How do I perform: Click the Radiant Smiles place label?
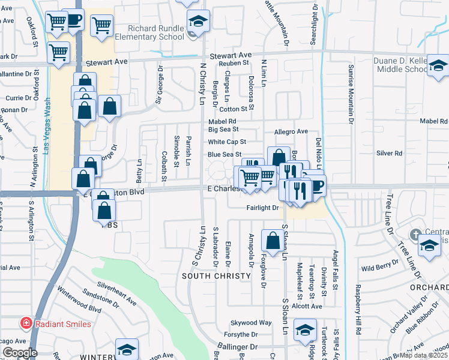tap(62, 324)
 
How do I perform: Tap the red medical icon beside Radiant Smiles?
tap(26, 324)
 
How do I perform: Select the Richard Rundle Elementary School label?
tap(156, 32)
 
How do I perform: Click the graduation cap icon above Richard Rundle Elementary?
tap(198, 21)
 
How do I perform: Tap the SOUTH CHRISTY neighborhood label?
tap(217, 276)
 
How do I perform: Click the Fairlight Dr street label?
tap(263, 208)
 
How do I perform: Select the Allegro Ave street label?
tap(291, 131)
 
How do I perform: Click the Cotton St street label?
tap(233, 109)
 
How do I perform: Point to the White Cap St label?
tap(227, 142)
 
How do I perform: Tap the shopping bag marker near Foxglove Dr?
tap(273, 241)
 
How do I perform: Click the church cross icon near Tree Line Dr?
tap(415, 233)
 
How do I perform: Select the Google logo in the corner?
tap(19, 353)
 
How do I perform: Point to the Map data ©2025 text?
tap(423, 355)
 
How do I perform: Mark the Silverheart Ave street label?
tap(117, 295)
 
